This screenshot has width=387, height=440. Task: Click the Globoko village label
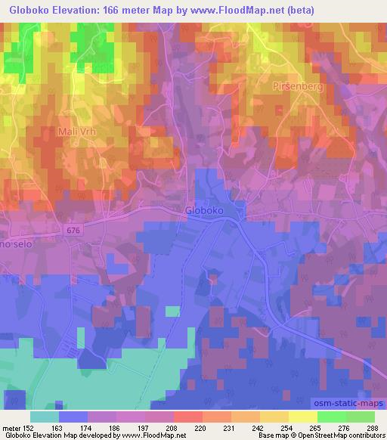point(204,212)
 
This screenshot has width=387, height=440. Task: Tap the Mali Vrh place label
point(78,131)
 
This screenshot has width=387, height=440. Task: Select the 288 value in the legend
point(371,428)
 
